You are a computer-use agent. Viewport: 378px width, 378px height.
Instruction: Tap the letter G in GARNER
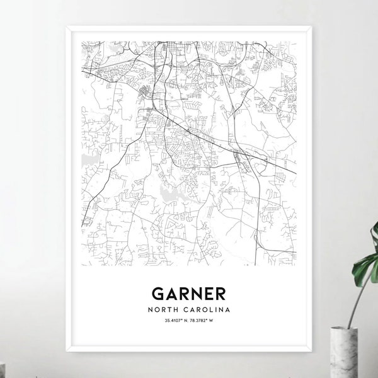point(157,294)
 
